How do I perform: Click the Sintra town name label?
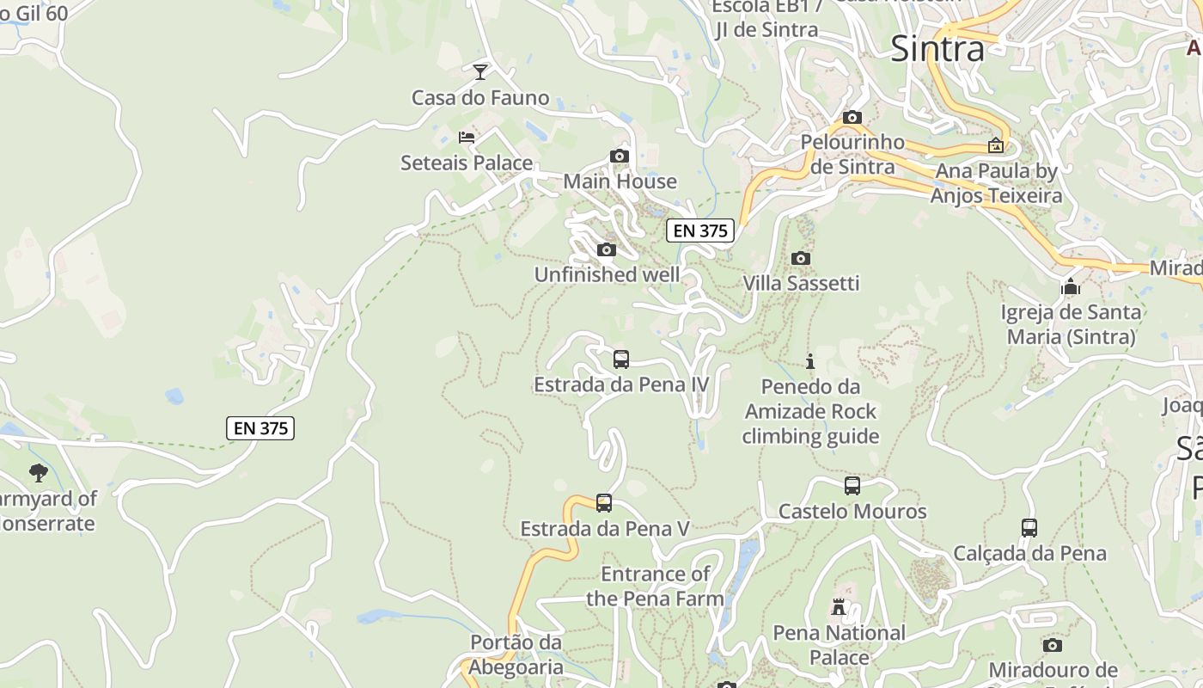[937, 48]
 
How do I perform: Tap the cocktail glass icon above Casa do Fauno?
[480, 71]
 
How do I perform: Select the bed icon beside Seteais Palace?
[467, 137]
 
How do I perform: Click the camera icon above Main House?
[619, 156]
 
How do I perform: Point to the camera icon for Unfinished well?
[607, 249]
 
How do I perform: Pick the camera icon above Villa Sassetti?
[800, 257]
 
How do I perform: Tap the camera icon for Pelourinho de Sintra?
[852, 117]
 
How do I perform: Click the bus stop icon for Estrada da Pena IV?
[620, 359]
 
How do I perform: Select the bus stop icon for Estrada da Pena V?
[604, 502]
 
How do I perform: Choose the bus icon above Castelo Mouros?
[852, 485]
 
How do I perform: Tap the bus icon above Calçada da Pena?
[1029, 527]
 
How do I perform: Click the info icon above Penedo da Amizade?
[809, 361]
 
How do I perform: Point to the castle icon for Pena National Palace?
[839, 607]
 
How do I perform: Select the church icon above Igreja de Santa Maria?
[1071, 286]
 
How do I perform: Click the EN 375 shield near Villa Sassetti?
[700, 230]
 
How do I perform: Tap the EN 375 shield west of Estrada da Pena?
[260, 428]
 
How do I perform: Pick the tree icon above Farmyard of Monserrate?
[38, 472]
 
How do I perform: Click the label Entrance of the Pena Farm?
[655, 586]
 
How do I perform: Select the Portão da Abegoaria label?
[516, 654]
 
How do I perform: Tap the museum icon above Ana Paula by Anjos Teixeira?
[996, 145]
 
